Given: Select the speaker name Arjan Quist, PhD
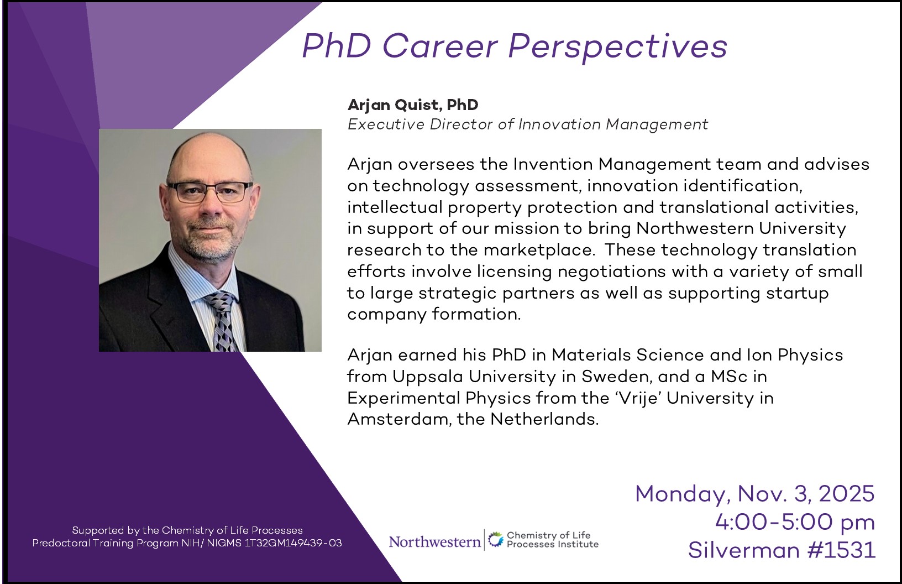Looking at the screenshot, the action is tap(413, 105).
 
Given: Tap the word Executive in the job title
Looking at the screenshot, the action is tap(386, 124).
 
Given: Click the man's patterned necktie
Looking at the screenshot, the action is tap(223, 322).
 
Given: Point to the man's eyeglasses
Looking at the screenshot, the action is tap(210, 192).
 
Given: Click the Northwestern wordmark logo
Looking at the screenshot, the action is tap(435, 541).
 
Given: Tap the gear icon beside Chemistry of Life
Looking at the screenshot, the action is tap(496, 539).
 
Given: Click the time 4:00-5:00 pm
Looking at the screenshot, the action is tap(795, 522).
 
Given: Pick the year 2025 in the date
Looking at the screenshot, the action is tap(846, 493).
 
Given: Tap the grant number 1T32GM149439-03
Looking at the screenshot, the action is tap(293, 543).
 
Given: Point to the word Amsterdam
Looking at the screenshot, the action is tap(396, 419).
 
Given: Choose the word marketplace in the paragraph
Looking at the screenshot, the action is tap(539, 251).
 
